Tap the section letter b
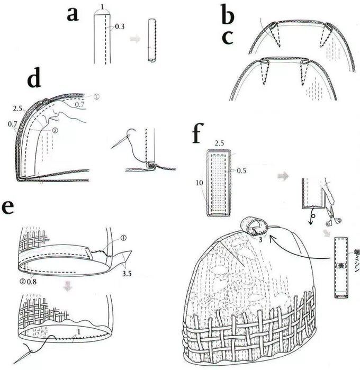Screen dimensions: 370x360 pos(228,16)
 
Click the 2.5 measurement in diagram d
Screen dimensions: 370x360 pos(18,109)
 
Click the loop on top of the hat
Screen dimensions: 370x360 pos(251,224)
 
